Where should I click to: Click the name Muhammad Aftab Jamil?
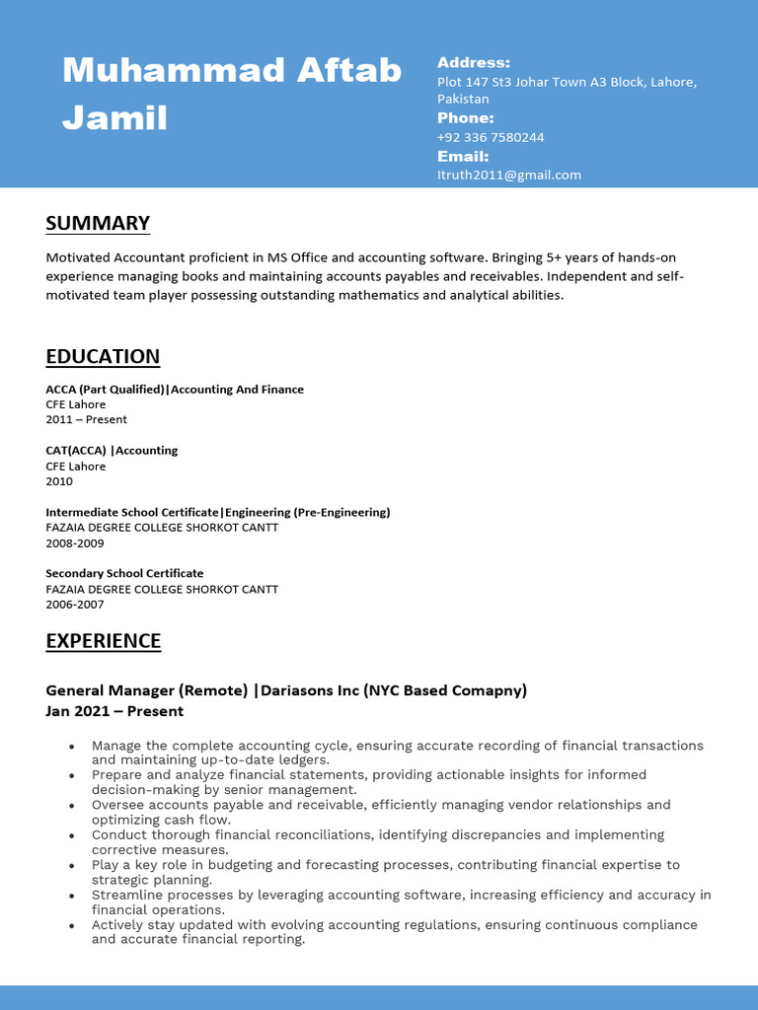(232, 94)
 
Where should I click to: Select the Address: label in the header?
(474, 63)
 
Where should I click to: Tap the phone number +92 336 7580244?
(491, 137)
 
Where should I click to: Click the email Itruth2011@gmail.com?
(509, 175)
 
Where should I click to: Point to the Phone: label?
(465, 118)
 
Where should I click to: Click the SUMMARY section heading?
(98, 223)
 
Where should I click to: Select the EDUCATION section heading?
(103, 356)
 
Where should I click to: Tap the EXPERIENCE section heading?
(103, 641)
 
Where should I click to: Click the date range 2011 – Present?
(86, 419)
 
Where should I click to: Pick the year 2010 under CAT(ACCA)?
(59, 481)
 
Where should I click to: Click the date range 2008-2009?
(74, 542)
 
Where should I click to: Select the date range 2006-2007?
(74, 604)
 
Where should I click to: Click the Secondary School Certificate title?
(124, 573)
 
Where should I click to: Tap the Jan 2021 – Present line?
(114, 711)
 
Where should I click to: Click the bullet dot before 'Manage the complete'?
(72, 747)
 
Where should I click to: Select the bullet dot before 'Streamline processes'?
(72, 897)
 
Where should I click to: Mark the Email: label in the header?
(463, 156)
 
